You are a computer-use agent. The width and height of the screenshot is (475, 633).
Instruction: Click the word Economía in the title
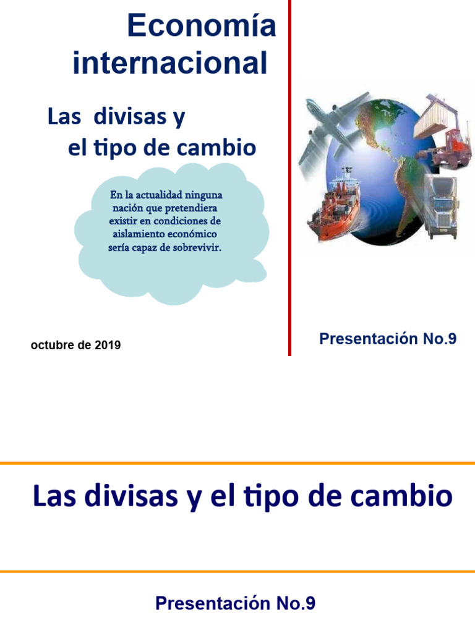tap(201, 28)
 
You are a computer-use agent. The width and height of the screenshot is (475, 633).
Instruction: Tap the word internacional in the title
tap(170, 64)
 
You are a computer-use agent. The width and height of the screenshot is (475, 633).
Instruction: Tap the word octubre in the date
tap(49, 346)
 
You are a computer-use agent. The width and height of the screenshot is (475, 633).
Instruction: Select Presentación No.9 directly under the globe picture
tap(388, 339)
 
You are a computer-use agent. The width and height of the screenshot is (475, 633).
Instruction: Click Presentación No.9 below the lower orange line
tap(236, 603)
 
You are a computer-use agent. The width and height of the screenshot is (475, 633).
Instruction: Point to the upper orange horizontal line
tap(237, 463)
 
